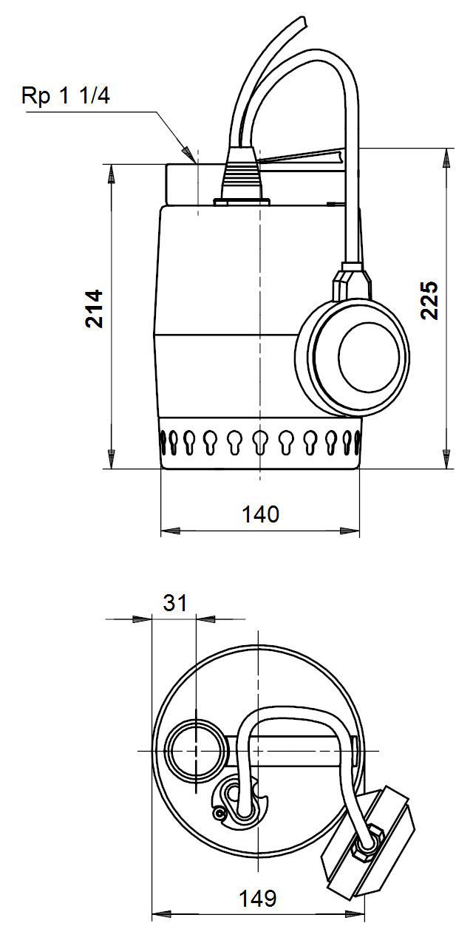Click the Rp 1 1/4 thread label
pyautogui.click(x=66, y=96)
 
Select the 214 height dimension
pyautogui.click(x=94, y=308)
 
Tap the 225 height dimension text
pyautogui.click(x=429, y=299)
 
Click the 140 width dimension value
pyautogui.click(x=260, y=514)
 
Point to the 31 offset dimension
pyautogui.click(x=175, y=603)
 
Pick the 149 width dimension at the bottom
pyautogui.click(x=257, y=899)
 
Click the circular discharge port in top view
pyautogui.click(x=194, y=750)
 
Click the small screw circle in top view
pyautogui.click(x=219, y=814)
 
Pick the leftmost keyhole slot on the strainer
pyautogui.click(x=162, y=443)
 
